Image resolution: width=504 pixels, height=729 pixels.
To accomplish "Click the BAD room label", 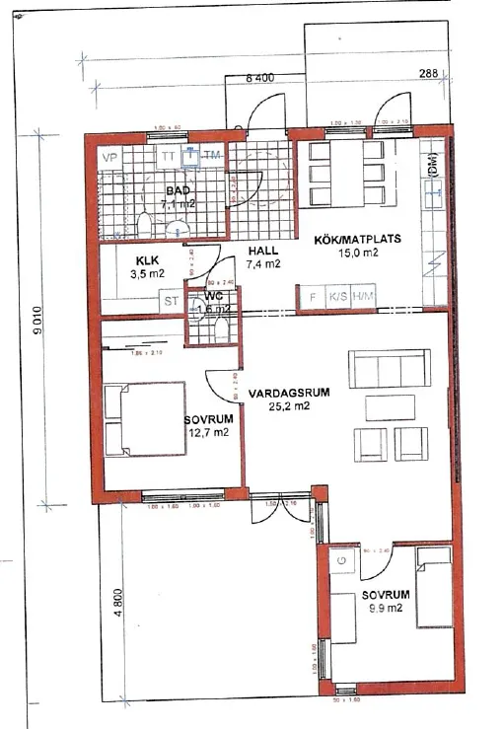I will tap(179, 189).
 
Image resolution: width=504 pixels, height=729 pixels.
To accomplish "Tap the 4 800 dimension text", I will tap(116, 601).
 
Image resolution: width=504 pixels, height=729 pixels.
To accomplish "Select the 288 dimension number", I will tap(427, 73).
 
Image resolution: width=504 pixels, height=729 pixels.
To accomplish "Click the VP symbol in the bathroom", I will tap(110, 156).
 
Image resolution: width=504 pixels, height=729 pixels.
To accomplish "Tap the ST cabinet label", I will tap(171, 301).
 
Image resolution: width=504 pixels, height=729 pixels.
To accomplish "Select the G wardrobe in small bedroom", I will tap(341, 561).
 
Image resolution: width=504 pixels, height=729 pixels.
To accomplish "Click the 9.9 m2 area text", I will tap(383, 609).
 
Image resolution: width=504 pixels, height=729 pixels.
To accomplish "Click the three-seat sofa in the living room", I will tap(390, 369).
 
